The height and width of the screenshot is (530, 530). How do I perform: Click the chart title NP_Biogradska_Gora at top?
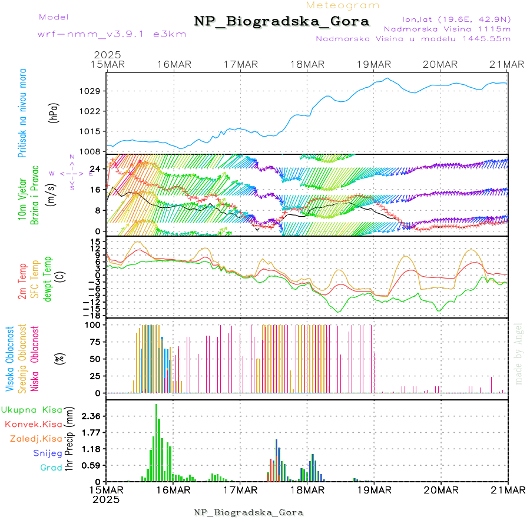click(281, 22)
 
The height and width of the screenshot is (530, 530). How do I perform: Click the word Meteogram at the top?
click(343, 5)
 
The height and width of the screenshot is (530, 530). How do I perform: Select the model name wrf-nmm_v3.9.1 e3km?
click(112, 34)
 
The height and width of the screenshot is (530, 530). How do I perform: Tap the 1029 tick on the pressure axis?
click(95, 91)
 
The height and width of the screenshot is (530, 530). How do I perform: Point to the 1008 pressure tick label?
click(95, 151)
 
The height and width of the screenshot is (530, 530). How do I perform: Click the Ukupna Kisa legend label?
click(32, 410)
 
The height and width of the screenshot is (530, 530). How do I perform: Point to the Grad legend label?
click(51, 468)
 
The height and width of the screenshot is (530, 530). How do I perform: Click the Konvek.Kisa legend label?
click(33, 424)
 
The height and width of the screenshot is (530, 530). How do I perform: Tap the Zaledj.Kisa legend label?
click(36, 439)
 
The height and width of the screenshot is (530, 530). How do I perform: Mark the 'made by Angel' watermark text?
click(519, 353)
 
